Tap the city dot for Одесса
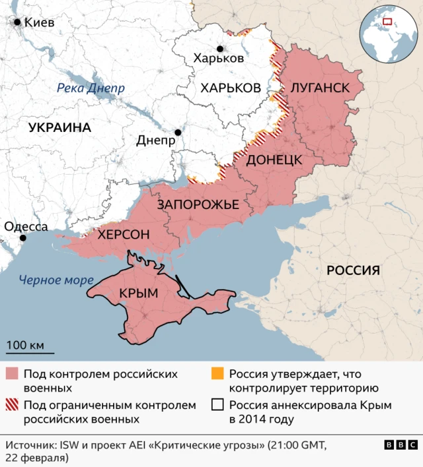(x=23, y=238)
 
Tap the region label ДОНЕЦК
(x=274, y=160)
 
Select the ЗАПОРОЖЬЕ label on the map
(x=198, y=205)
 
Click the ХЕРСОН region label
(x=124, y=234)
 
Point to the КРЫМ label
(x=139, y=294)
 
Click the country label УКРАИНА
(x=59, y=128)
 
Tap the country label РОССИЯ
(x=354, y=270)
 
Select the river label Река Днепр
(x=91, y=88)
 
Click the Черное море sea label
(x=56, y=280)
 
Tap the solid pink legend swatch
(x=13, y=374)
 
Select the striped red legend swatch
(x=13, y=405)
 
